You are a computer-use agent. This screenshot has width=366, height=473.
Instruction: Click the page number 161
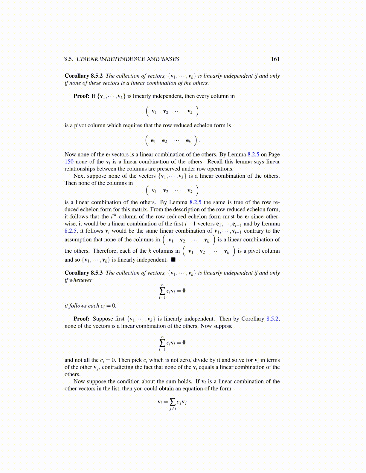click(275, 59)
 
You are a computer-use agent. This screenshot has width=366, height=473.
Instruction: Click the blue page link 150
click(69, 162)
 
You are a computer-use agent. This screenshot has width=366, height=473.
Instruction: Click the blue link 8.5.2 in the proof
click(272, 319)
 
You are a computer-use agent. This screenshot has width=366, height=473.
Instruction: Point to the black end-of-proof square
click(173, 259)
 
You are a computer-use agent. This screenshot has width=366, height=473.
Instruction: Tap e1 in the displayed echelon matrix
click(153, 140)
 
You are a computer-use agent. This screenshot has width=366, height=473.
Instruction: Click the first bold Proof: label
click(81, 96)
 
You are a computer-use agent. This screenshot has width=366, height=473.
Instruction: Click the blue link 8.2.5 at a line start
click(71, 231)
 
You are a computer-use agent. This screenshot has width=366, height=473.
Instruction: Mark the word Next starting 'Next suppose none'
click(79, 176)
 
